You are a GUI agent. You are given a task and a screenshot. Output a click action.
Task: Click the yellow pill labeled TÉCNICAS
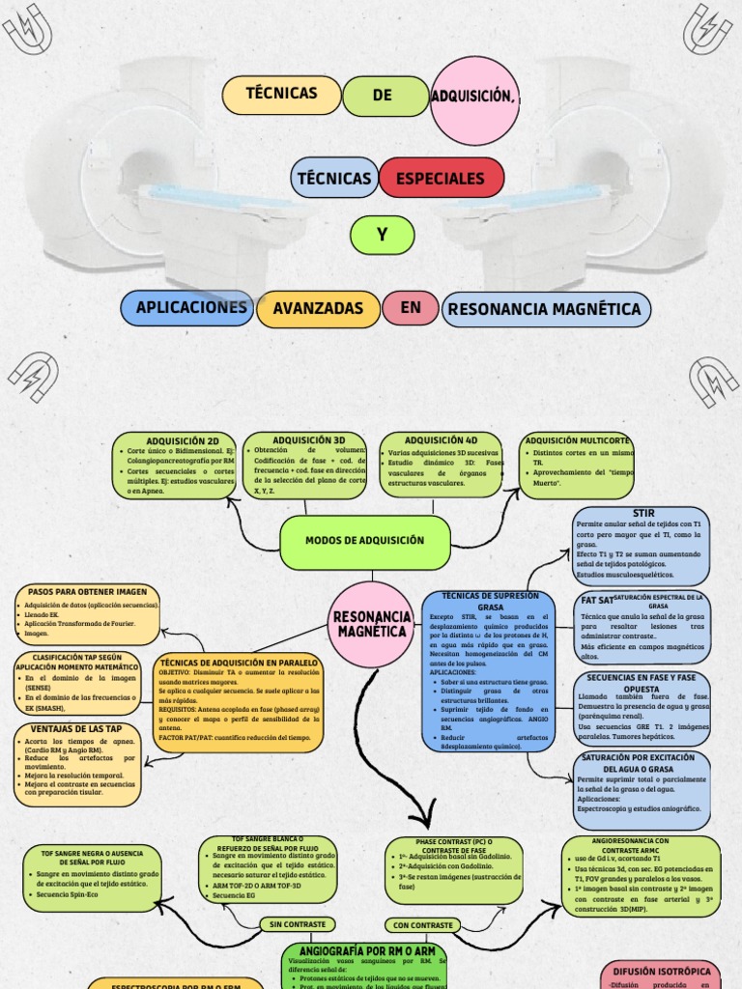282,95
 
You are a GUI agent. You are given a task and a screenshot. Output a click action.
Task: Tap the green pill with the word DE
382,95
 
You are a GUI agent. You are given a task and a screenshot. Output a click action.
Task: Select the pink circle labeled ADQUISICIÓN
474,99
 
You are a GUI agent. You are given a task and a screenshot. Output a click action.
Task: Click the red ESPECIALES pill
442,179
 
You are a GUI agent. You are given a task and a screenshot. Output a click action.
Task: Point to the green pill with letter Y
382,235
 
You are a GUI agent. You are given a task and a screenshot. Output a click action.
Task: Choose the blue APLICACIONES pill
191,307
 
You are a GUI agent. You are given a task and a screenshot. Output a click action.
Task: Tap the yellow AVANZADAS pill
319,308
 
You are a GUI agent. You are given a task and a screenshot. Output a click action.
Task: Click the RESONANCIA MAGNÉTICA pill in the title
546,309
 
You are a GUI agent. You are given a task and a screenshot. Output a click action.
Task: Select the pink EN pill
412,306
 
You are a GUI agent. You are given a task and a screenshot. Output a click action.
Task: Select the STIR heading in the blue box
642,512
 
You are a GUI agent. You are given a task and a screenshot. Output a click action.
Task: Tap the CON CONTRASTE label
423,924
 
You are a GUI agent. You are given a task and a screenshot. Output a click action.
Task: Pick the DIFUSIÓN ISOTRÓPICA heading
662,971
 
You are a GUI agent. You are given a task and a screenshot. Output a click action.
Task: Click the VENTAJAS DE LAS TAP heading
76,728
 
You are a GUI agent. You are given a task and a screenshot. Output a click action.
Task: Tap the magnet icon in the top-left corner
28,30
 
